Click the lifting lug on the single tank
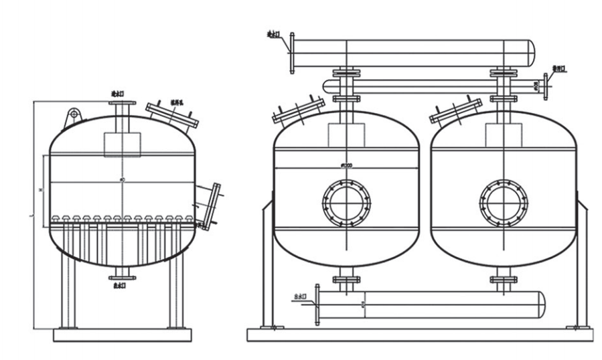pyautogui.click(x=72, y=118)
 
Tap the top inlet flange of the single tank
pyautogui.click(x=123, y=104)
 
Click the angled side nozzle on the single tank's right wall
pyautogui.click(x=210, y=204)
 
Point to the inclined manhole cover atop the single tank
pyautogui.click(x=172, y=114)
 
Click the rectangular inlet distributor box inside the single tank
pyautogui.click(x=122, y=144)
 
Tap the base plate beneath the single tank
pyautogui.click(x=122, y=334)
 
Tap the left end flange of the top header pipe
pyautogui.click(x=291, y=52)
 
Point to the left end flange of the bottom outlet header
pyautogui.click(x=317, y=304)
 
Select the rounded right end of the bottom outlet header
pyautogui.click(x=540, y=304)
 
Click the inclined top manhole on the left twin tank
pyautogui.click(x=298, y=111)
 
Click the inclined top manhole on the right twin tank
pyautogui.click(x=455, y=111)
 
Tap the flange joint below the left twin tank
pyautogui.click(x=346, y=278)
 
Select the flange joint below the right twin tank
pyautogui.click(x=504, y=278)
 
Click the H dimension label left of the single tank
pyautogui.click(x=41, y=191)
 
